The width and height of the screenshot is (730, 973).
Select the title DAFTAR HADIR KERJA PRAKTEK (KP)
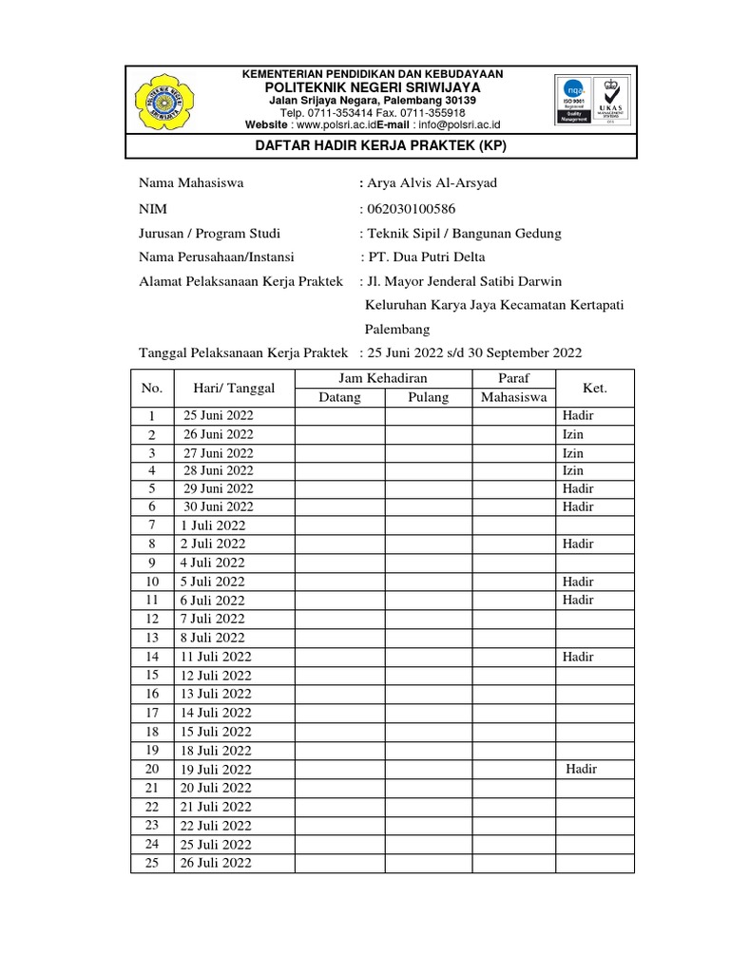pos(383,146)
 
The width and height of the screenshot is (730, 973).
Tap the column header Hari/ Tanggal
pos(234,388)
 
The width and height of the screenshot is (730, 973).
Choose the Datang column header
pos(339,397)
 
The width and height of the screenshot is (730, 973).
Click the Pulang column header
pos(428,397)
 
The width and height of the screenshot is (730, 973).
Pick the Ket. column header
pos(594,388)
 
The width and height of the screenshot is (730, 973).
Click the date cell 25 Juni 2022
pos(219,416)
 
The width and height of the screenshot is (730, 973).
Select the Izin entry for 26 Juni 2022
pos(572,434)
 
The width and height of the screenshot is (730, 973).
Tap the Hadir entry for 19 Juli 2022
pos(581,769)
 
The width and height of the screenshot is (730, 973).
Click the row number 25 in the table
pos(152,862)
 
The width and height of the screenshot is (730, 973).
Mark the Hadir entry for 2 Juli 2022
pos(577,544)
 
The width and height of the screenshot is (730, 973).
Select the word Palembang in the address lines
pos(397,330)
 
